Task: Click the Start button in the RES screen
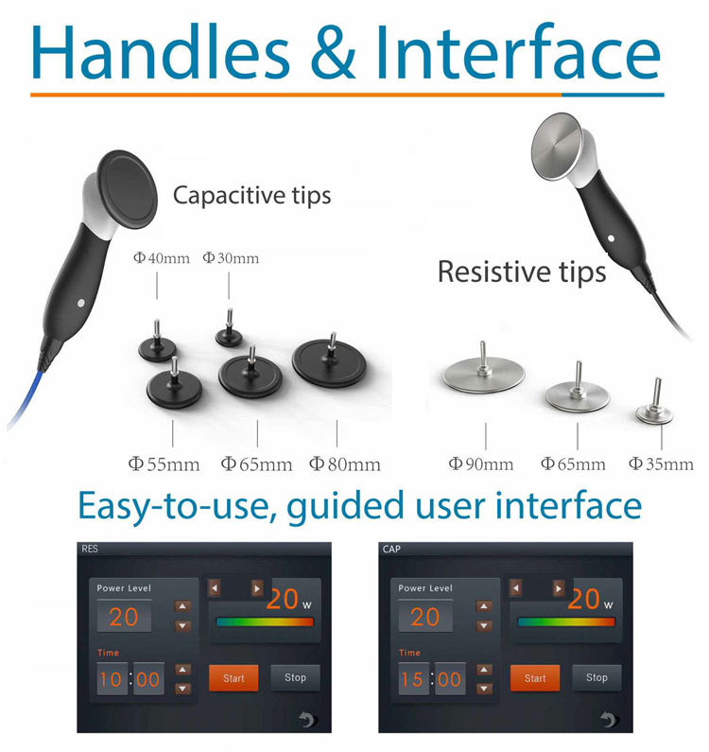click(233, 677)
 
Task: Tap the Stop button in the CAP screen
click(597, 677)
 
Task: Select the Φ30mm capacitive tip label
click(231, 258)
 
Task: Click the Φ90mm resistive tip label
click(481, 463)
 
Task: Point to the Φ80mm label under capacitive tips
click(345, 463)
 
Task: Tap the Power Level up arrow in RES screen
click(182, 606)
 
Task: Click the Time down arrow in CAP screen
click(484, 689)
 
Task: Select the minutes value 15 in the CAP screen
click(412, 679)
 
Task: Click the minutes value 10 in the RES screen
click(111, 679)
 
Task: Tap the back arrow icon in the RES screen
click(307, 719)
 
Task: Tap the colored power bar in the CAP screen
click(566, 622)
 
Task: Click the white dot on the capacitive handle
click(81, 303)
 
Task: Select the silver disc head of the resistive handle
click(558, 147)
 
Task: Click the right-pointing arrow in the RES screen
click(257, 588)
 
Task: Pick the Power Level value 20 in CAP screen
click(424, 617)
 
